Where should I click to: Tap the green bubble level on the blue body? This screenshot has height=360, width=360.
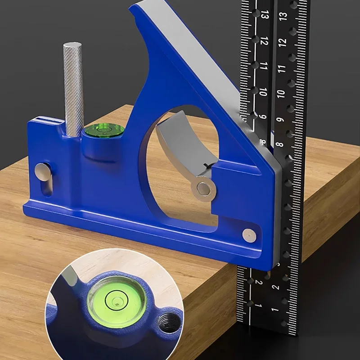tap(104, 131)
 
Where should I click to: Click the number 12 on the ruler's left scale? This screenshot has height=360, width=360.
tap(264, 42)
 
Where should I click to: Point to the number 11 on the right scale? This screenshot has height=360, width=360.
tap(282, 68)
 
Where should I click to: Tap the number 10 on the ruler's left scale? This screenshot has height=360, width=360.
tap(263, 93)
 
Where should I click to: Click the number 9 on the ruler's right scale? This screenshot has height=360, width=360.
tap(280, 120)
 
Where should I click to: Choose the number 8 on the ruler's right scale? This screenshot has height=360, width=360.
tap(279, 145)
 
